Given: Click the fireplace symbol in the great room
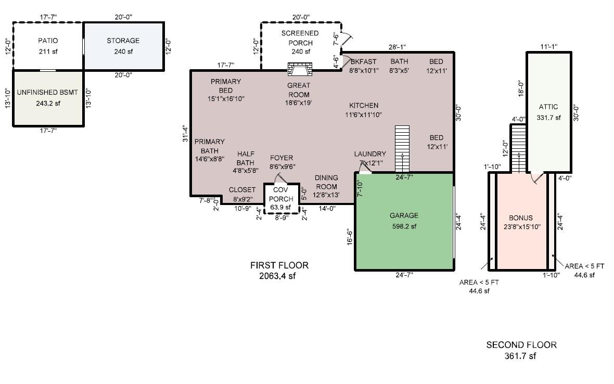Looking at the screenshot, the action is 300,69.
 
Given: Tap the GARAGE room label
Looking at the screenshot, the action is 404,216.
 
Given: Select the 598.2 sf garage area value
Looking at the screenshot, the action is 404,226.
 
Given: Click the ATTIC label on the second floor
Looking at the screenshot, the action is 548,107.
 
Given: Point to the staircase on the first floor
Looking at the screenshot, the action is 402,149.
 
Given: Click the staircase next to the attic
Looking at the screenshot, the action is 518,149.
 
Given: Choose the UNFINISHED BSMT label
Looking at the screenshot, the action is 47,93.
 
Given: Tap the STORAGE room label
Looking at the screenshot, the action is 123,41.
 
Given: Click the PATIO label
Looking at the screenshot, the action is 48,41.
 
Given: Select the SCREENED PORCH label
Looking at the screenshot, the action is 300,38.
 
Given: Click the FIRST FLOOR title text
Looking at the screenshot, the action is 279,265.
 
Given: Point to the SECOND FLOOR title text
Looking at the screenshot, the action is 521,345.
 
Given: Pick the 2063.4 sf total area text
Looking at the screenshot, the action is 277,276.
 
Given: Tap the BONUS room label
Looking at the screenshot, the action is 521,218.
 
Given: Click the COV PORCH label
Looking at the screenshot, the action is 281,194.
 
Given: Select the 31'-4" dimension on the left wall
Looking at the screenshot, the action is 186,133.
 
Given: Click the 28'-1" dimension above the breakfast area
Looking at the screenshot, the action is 397,47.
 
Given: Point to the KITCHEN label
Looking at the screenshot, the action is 364,105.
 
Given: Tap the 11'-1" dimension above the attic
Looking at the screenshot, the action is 549,47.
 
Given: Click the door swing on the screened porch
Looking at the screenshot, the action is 348,37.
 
